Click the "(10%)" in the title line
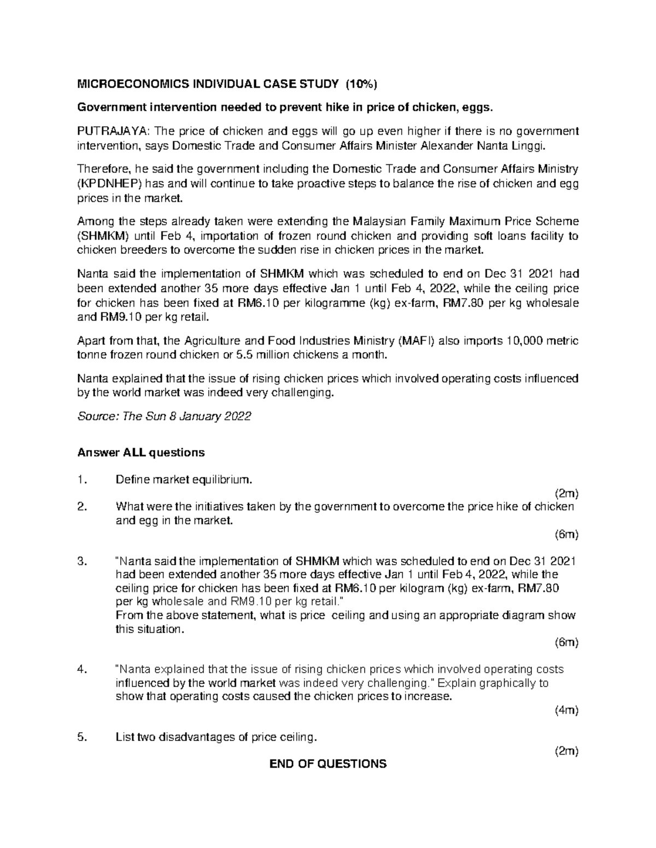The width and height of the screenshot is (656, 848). click(x=360, y=84)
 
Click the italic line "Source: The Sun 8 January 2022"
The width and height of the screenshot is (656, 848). click(x=164, y=417)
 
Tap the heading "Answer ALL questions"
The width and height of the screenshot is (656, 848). click(x=141, y=453)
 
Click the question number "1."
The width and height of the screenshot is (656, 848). click(x=82, y=480)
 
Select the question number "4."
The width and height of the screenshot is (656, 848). click(x=82, y=669)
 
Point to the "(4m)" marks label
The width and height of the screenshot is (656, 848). click(x=566, y=710)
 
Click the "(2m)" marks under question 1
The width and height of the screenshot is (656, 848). click(x=566, y=494)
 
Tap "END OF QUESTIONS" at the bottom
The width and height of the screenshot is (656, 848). click(x=328, y=764)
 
